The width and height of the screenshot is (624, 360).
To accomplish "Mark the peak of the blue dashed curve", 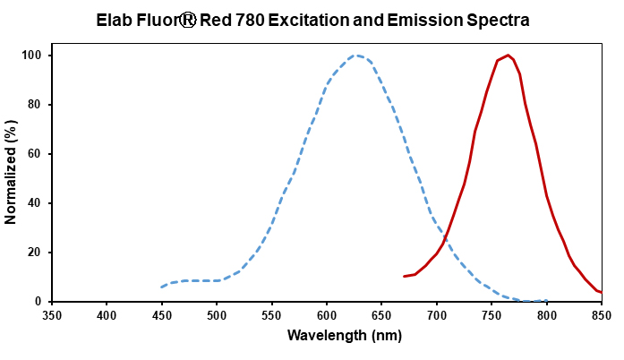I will tap(356, 56).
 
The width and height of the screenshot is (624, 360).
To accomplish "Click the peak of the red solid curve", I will tap(508, 56).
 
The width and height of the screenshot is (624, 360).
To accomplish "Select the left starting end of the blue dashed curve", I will tap(162, 287).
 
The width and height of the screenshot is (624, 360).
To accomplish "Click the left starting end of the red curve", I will tap(404, 276).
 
